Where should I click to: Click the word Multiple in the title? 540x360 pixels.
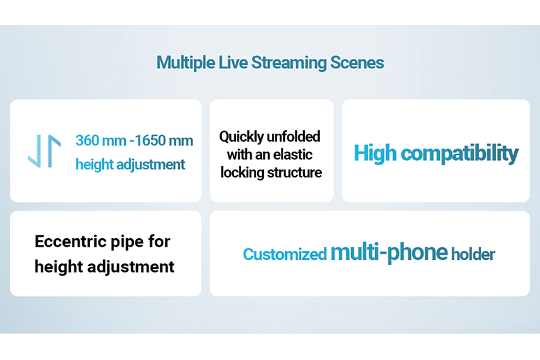(x=186, y=63)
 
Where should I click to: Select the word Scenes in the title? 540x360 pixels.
(x=357, y=62)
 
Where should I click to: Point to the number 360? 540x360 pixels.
(x=87, y=140)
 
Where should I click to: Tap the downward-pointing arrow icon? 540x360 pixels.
(x=35, y=151)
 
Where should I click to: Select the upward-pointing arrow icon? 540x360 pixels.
(x=55, y=151)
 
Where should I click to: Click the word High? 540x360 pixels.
(x=376, y=154)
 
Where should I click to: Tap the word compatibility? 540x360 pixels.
(x=460, y=154)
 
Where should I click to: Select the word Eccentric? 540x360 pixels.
(x=65, y=241)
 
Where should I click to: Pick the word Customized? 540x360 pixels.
(x=284, y=254)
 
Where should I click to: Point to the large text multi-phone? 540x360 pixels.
(x=389, y=253)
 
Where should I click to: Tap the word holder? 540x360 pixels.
(x=473, y=254)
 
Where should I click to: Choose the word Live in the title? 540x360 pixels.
(x=233, y=62)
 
